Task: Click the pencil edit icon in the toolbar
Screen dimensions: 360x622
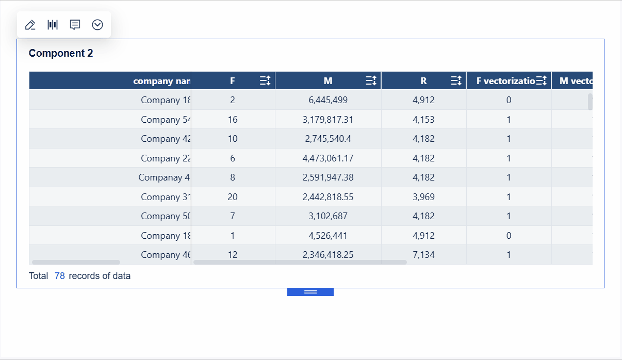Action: pos(30,25)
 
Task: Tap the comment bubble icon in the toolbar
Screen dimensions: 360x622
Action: pos(75,25)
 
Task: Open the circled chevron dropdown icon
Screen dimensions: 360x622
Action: pos(97,25)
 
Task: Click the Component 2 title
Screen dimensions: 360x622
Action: pos(61,53)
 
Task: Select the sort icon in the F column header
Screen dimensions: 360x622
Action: pos(265,80)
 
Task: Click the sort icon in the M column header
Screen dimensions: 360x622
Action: pos(371,80)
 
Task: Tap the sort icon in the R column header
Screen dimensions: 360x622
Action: pos(456,80)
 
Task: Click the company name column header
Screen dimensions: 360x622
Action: pos(161,81)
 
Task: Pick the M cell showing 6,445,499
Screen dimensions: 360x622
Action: pos(328,100)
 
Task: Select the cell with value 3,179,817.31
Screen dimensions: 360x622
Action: pos(328,120)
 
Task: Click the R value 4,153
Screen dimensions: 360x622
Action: pos(423,120)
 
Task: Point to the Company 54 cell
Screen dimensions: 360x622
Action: pos(166,120)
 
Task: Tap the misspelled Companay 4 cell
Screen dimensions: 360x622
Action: pos(164,177)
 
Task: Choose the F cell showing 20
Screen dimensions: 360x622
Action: pos(233,197)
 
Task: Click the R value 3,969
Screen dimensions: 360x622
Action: pos(423,197)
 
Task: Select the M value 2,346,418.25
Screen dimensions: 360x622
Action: pos(328,255)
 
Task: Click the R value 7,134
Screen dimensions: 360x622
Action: pos(423,255)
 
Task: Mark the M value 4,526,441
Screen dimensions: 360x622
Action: pos(328,236)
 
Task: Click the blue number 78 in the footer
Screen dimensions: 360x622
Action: pos(60,276)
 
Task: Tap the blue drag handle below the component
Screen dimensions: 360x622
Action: pos(310,292)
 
